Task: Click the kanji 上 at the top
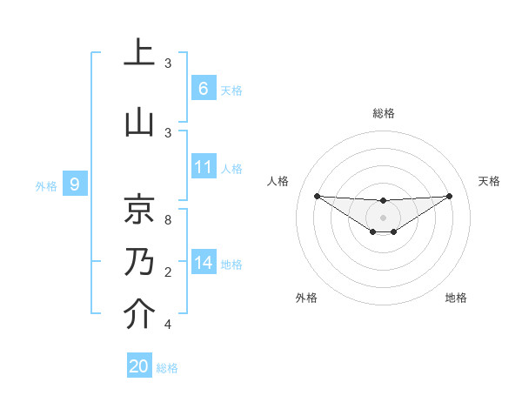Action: [139, 54]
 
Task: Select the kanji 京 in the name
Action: [139, 209]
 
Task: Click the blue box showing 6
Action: [203, 89]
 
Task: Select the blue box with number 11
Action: [203, 167]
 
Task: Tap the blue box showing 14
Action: [203, 263]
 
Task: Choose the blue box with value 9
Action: [75, 184]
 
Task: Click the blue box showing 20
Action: [139, 366]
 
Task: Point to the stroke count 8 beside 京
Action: [167, 219]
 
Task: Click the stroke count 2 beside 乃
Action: [167, 272]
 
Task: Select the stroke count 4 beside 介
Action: [167, 325]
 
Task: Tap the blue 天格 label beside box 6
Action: [231, 90]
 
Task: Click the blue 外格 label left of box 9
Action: [46, 185]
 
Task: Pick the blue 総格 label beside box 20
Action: [167, 367]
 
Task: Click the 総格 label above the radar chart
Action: [383, 113]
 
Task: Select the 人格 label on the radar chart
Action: [278, 181]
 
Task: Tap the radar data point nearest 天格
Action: [450, 196]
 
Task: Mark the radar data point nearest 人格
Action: [317, 196]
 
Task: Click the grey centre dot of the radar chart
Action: [383, 217]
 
